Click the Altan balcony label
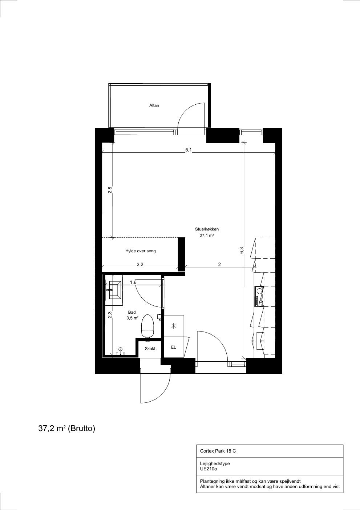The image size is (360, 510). coord(154,105)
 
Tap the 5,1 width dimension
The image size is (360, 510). coord(189,150)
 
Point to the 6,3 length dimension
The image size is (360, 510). coord(242,250)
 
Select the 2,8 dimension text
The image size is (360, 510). coord(110,190)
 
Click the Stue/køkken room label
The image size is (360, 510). coord(207,229)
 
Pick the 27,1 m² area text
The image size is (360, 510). coord(207,236)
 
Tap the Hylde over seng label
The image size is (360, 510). coord(141,251)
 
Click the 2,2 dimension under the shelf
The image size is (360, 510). coord(140,264)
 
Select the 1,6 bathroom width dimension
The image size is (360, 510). coord(133,282)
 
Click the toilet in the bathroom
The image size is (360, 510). coord(147,326)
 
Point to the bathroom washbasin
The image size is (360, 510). coord(116,290)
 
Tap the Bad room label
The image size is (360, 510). coord(132,312)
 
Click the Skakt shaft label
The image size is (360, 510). coord(150,349)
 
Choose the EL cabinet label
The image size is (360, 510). coord(173,347)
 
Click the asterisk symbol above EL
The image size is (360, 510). coord(173,326)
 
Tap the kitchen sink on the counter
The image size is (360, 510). coord(259,290)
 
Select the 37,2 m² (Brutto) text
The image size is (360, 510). coord(67,428)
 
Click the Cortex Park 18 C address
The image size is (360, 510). coord(218,451)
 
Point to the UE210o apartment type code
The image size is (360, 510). coord(209,469)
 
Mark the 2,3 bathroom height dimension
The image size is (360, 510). coord(110,314)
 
